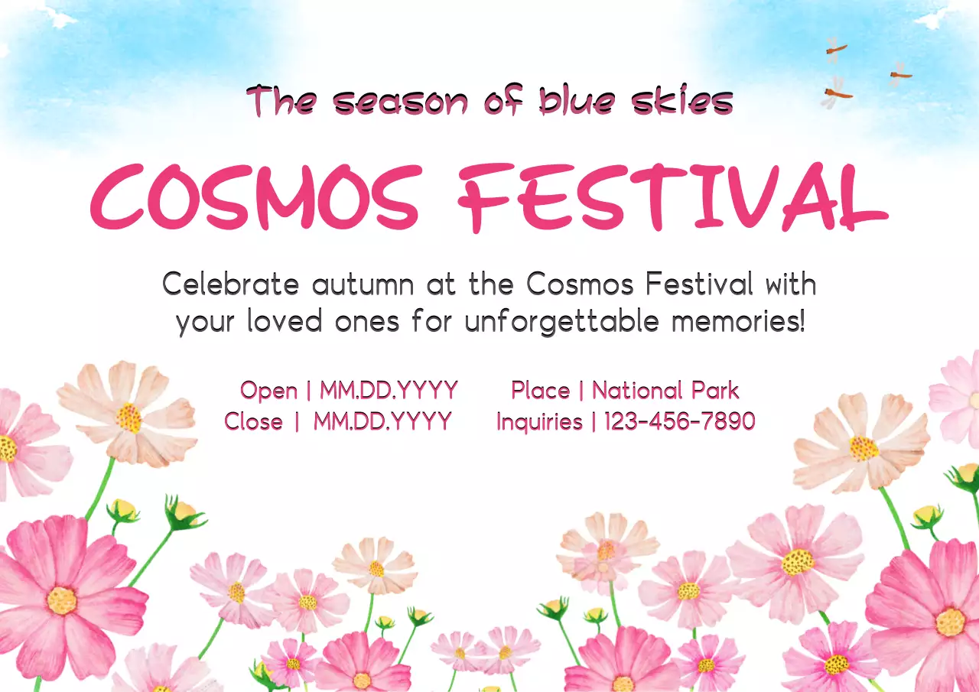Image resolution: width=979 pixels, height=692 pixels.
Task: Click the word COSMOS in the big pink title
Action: [x=256, y=197]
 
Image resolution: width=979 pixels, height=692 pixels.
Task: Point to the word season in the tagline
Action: [x=400, y=102]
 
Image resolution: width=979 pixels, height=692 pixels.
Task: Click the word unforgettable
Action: [x=561, y=321]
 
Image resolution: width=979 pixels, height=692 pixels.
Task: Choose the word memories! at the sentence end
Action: [x=738, y=321]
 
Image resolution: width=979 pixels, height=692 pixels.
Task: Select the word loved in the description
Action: [x=284, y=321]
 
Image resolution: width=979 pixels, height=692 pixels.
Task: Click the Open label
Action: [x=268, y=391]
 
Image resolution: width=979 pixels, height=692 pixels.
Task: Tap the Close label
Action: [x=253, y=421]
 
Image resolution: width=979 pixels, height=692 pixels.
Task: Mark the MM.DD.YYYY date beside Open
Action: [x=389, y=391]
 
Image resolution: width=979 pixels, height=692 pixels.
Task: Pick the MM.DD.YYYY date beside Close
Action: [x=382, y=421]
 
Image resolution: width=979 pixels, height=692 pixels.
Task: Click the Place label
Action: [x=540, y=391]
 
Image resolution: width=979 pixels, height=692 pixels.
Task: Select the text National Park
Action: [x=665, y=391]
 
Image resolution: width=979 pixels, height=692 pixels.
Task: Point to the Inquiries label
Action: [x=539, y=421]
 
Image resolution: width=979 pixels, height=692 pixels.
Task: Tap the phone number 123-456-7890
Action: [x=680, y=421]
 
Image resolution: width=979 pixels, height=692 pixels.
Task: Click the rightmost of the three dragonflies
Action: [x=899, y=74]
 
